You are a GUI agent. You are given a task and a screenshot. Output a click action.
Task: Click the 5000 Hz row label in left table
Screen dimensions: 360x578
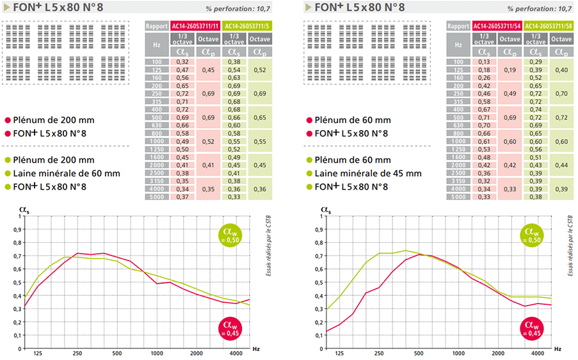coord(156,197)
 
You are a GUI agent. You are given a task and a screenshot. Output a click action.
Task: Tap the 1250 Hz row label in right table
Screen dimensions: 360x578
coord(458,149)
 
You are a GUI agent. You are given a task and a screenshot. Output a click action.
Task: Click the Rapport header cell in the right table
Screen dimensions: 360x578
coord(458,26)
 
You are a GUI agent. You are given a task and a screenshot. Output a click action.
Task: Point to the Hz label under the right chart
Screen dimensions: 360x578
coord(558,350)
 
